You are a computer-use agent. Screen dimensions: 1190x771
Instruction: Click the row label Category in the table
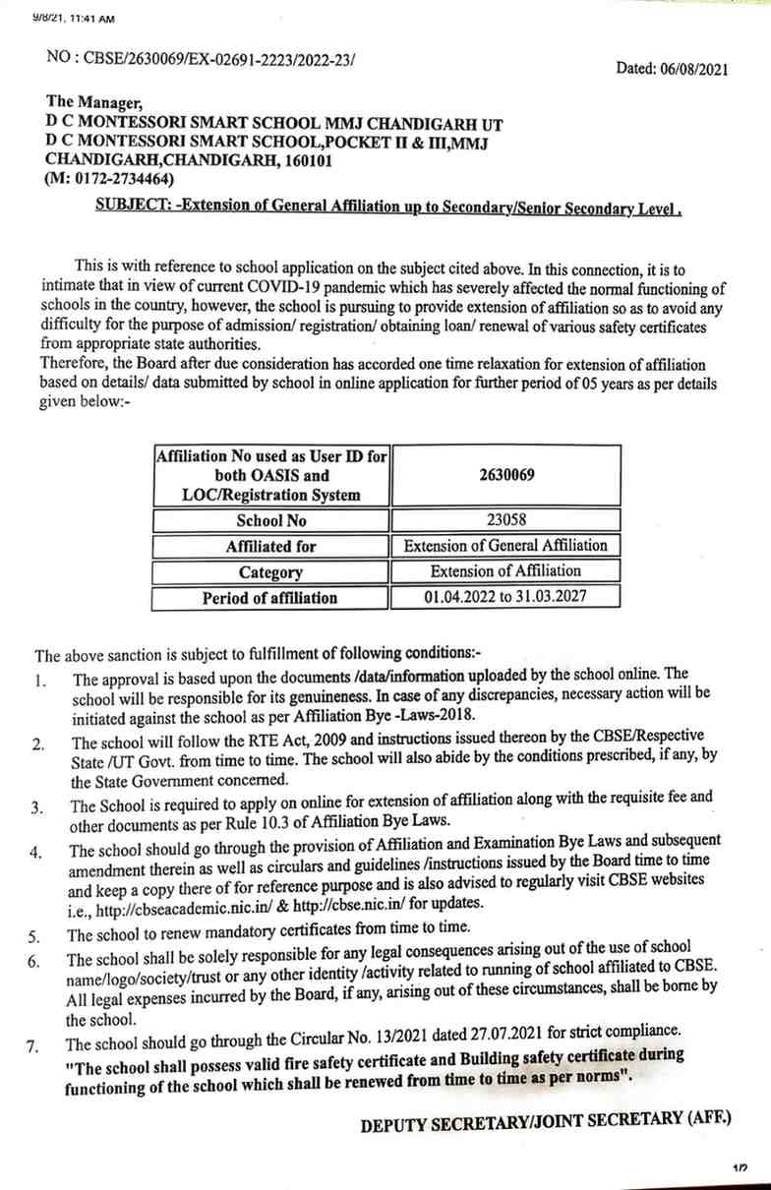coord(270,571)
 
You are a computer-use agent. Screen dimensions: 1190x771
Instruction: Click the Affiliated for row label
coord(270,546)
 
